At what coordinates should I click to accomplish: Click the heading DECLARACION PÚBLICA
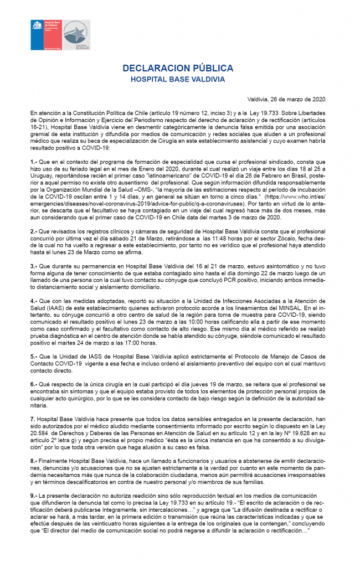pos(178,69)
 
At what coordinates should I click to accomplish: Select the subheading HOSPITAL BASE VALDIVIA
pos(178,79)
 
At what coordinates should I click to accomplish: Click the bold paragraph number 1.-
pos(34,160)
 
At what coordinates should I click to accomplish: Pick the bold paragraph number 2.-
pos(34,230)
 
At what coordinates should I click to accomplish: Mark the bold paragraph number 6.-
pos(34,383)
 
